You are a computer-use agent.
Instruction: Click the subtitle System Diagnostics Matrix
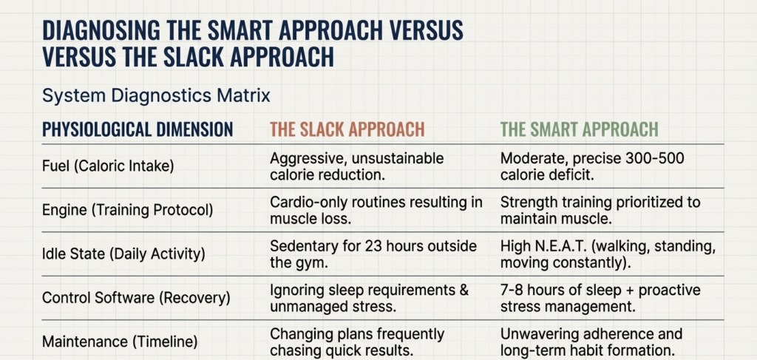(156, 95)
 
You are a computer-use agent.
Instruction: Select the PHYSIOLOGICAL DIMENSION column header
(138, 129)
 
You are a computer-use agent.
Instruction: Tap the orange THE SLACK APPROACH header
(347, 129)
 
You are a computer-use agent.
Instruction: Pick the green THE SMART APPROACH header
(579, 129)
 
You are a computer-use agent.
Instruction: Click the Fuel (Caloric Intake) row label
(108, 166)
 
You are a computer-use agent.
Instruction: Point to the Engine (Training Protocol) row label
(127, 209)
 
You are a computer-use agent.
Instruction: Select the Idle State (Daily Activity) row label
(123, 254)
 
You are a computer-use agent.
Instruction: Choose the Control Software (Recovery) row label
(136, 298)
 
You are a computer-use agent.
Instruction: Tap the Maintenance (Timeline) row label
(119, 342)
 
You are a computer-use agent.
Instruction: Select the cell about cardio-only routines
(376, 209)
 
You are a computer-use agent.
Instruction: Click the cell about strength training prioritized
(599, 209)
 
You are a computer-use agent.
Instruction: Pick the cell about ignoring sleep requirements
(369, 298)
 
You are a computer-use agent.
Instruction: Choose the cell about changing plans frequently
(357, 342)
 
